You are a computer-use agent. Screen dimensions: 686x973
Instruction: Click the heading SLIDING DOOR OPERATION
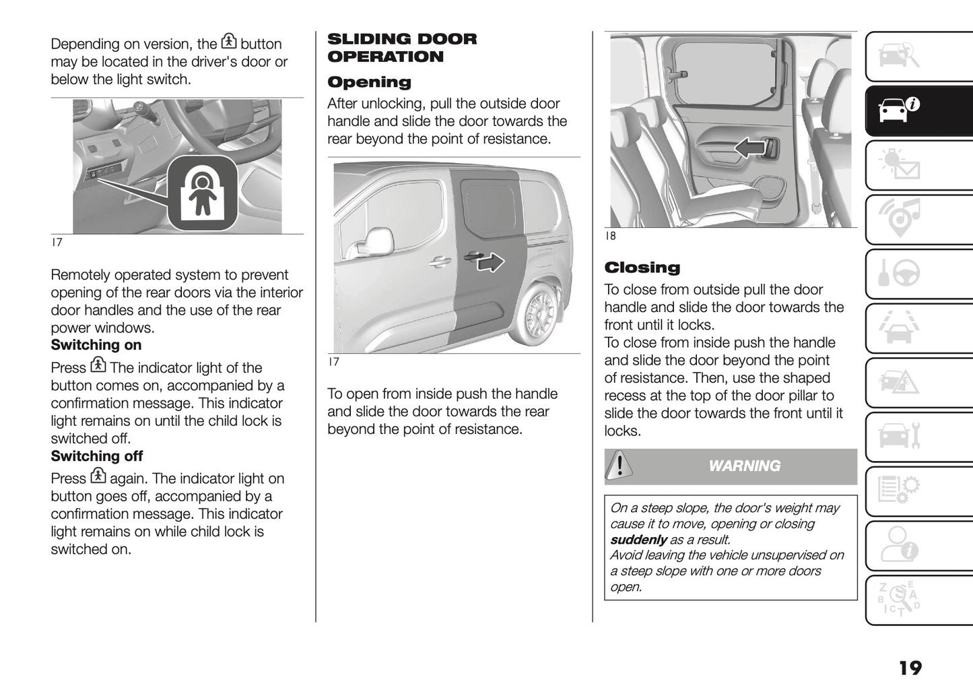click(401, 48)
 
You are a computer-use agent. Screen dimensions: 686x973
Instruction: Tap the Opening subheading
click(369, 82)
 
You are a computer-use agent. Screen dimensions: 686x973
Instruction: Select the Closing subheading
click(642, 268)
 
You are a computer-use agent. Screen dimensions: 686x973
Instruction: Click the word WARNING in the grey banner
click(744, 466)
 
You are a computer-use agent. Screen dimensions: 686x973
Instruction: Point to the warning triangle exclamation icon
click(619, 466)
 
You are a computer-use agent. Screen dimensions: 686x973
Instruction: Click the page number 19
click(910, 668)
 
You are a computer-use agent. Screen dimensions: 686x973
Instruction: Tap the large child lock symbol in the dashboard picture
click(201, 193)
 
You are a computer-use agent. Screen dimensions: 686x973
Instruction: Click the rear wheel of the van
click(539, 314)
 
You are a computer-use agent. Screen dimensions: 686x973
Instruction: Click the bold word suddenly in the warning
click(638, 540)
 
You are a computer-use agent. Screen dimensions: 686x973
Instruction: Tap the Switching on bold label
click(96, 345)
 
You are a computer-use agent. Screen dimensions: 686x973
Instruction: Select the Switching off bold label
click(97, 456)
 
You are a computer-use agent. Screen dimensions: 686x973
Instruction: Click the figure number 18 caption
click(610, 236)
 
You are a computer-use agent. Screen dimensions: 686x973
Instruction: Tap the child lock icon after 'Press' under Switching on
click(98, 366)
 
